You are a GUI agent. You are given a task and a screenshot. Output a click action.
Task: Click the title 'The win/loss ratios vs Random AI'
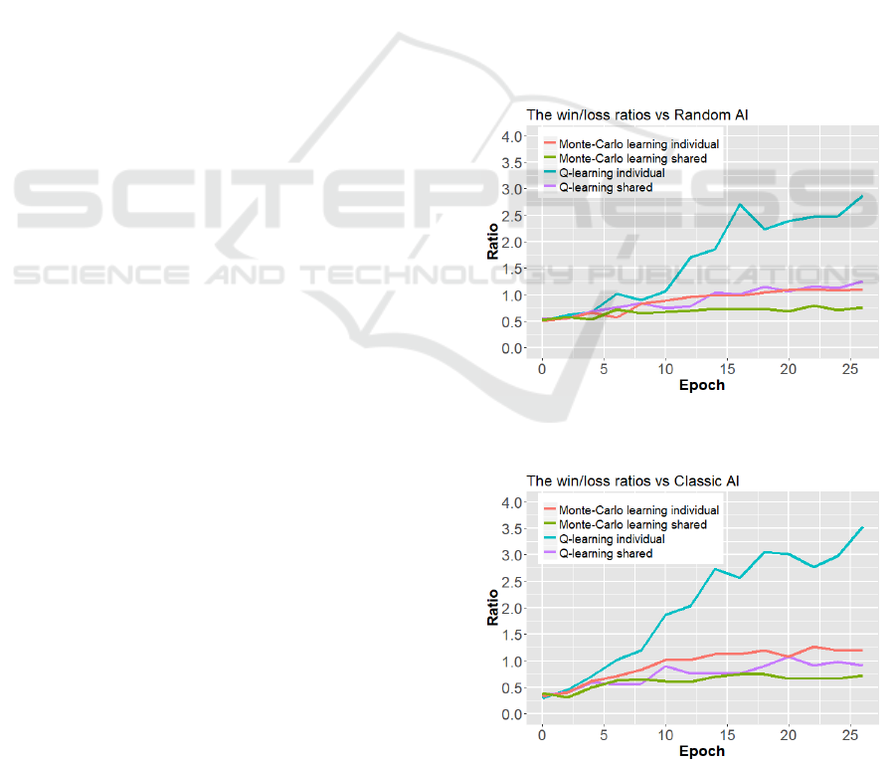click(636, 115)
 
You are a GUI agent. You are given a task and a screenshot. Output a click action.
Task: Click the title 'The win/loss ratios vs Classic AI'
click(632, 481)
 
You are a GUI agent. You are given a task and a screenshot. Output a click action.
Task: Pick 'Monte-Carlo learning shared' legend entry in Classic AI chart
click(632, 524)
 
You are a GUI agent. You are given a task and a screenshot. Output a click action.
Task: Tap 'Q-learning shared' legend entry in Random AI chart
click(606, 187)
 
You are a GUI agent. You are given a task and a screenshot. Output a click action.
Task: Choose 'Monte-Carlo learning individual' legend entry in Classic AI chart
click(638, 510)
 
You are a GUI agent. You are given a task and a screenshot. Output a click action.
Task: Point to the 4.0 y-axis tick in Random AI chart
click(510, 136)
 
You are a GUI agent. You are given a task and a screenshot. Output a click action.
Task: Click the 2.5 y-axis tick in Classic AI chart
click(510, 582)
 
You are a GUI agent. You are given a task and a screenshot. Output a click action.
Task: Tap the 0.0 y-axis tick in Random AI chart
click(510, 348)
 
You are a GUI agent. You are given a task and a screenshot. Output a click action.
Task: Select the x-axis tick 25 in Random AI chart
click(849, 368)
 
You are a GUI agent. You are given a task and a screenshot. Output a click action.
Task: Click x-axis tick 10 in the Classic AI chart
click(665, 734)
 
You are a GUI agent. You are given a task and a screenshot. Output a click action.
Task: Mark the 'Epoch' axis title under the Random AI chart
click(701, 385)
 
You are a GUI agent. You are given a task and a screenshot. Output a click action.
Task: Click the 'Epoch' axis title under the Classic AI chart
click(701, 751)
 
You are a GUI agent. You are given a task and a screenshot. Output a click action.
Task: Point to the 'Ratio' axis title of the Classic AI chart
click(492, 608)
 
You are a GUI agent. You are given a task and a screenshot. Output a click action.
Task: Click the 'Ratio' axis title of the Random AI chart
click(492, 242)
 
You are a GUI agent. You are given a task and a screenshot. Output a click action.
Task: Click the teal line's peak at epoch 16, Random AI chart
click(739, 205)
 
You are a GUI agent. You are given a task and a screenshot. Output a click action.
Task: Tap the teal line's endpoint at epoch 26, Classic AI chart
click(861, 527)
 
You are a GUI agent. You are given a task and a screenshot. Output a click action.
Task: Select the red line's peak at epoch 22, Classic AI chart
click(812, 647)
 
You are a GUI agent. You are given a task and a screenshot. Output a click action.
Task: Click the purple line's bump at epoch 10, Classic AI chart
click(665, 667)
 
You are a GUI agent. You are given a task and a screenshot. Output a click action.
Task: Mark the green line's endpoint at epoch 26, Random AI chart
click(861, 307)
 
